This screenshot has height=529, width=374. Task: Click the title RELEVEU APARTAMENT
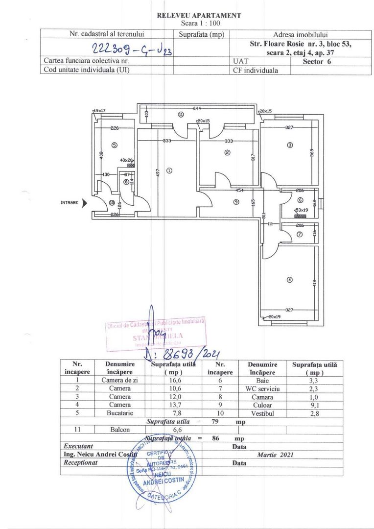199,16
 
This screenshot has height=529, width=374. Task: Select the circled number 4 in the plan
290,280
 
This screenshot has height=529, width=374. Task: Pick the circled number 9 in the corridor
236,201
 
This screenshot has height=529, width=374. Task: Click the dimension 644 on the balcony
197,108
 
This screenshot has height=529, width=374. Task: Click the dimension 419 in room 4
315,283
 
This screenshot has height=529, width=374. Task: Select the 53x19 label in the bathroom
301,210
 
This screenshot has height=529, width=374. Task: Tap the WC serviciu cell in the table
262,388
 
